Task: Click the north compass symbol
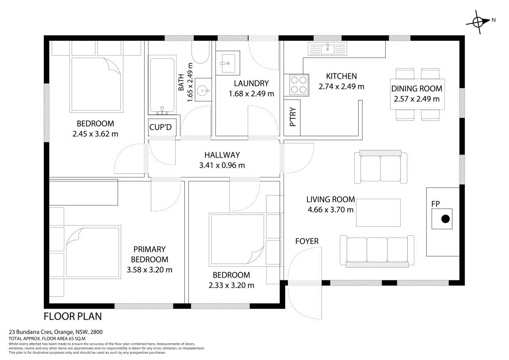(478, 22)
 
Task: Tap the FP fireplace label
(435, 204)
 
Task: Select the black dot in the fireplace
(445, 219)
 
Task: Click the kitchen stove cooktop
(296, 85)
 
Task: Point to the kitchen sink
(328, 49)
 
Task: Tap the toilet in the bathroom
(200, 52)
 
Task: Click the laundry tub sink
(228, 63)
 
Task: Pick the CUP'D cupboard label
(161, 127)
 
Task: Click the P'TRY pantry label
(293, 117)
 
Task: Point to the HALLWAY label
(222, 155)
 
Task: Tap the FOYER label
(307, 241)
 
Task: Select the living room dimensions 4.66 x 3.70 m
(330, 210)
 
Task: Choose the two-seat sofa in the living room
(380, 167)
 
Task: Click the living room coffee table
(378, 213)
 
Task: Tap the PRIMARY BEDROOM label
(149, 254)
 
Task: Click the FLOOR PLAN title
(73, 316)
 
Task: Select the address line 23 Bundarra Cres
(56, 332)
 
